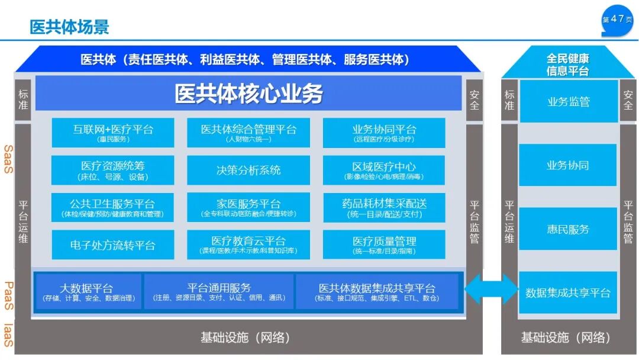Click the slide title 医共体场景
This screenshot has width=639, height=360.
[x=69, y=27]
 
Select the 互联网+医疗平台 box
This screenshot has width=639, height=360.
[x=113, y=133]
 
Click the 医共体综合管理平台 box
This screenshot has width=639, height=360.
[x=248, y=133]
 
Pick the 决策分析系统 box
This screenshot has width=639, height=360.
[x=248, y=171]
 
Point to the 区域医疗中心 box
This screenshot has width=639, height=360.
[x=384, y=171]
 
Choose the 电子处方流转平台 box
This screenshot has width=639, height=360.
[x=113, y=245]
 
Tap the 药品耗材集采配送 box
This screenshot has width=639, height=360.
[x=384, y=207]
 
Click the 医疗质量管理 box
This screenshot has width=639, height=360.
[x=384, y=245]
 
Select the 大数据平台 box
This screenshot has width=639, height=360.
[x=87, y=292]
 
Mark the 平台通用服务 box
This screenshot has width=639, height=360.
[x=219, y=292]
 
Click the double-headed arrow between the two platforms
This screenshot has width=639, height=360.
[x=491, y=290]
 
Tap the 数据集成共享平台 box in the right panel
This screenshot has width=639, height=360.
[x=567, y=292]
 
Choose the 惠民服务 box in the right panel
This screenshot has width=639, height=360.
[x=567, y=229]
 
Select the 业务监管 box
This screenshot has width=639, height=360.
[x=567, y=101]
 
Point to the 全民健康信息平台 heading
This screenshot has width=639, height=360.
[x=567, y=65]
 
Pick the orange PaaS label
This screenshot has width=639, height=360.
[x=8, y=296]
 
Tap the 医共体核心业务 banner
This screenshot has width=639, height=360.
[x=248, y=94]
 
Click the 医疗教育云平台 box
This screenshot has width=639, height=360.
[x=248, y=245]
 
